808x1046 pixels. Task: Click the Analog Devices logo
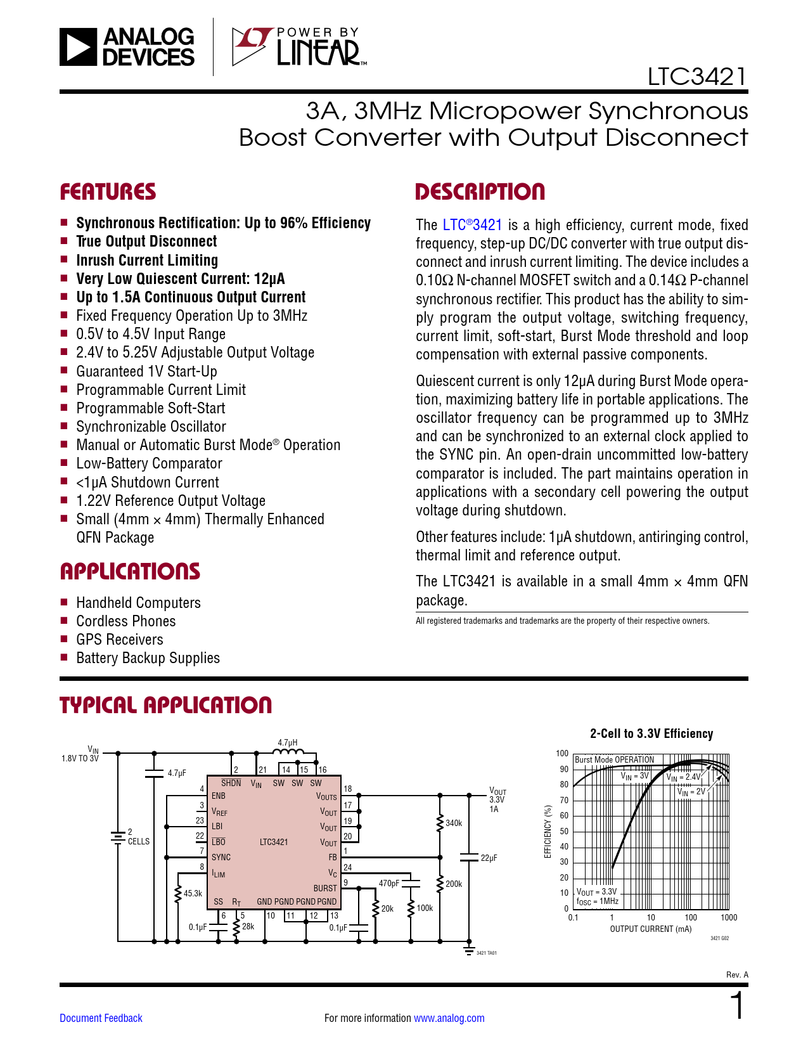[x=127, y=47]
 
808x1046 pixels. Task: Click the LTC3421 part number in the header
[x=696, y=77]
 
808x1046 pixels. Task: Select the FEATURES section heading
[x=108, y=192]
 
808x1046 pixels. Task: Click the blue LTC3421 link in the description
[x=472, y=225]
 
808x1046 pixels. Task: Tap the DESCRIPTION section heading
[x=480, y=192]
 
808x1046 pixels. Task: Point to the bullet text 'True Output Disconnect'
[x=146, y=242]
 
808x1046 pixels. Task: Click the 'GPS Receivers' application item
[x=120, y=640]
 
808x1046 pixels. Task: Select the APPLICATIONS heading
[x=130, y=572]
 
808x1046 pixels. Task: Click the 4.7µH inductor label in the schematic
[x=288, y=742]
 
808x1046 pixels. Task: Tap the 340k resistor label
[x=454, y=823]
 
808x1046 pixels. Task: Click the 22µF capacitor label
[x=489, y=858]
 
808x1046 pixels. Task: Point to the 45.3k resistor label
[x=193, y=893]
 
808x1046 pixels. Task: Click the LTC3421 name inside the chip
[x=274, y=842]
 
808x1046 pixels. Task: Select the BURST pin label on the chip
[x=325, y=888]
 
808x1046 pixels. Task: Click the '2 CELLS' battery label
[x=138, y=837]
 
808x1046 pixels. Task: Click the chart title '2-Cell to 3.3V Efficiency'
[x=651, y=733]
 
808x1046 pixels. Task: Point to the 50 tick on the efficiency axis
[x=564, y=831]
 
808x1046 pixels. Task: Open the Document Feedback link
[x=101, y=1018]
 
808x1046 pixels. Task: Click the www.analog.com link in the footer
[x=449, y=1018]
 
